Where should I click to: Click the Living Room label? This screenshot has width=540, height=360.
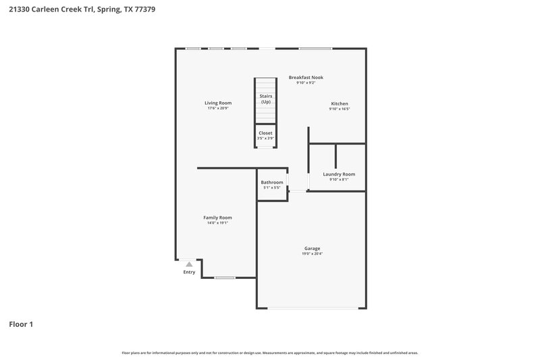218,103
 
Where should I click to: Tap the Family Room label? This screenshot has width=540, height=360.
217,217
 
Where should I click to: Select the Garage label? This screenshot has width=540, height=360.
312,248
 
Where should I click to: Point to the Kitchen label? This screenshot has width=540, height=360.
339,103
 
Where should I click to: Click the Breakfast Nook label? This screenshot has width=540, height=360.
306,78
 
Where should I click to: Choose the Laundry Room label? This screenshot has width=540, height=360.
339,174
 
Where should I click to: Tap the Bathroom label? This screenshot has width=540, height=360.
272,182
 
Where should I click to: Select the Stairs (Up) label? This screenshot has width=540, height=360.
266,99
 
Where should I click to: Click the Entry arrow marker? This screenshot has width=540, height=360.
189,263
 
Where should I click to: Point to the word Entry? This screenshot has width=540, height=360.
189,272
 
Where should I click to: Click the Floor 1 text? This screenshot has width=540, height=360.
20,324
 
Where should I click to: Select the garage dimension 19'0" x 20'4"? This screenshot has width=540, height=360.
312,255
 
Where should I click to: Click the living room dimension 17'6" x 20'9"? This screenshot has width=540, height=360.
218,109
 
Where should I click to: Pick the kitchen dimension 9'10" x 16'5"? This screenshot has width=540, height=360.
339,109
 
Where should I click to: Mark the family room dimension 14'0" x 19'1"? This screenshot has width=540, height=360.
217,224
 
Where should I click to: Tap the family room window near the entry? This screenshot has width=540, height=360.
225,278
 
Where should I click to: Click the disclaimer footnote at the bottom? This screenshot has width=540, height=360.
270,353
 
